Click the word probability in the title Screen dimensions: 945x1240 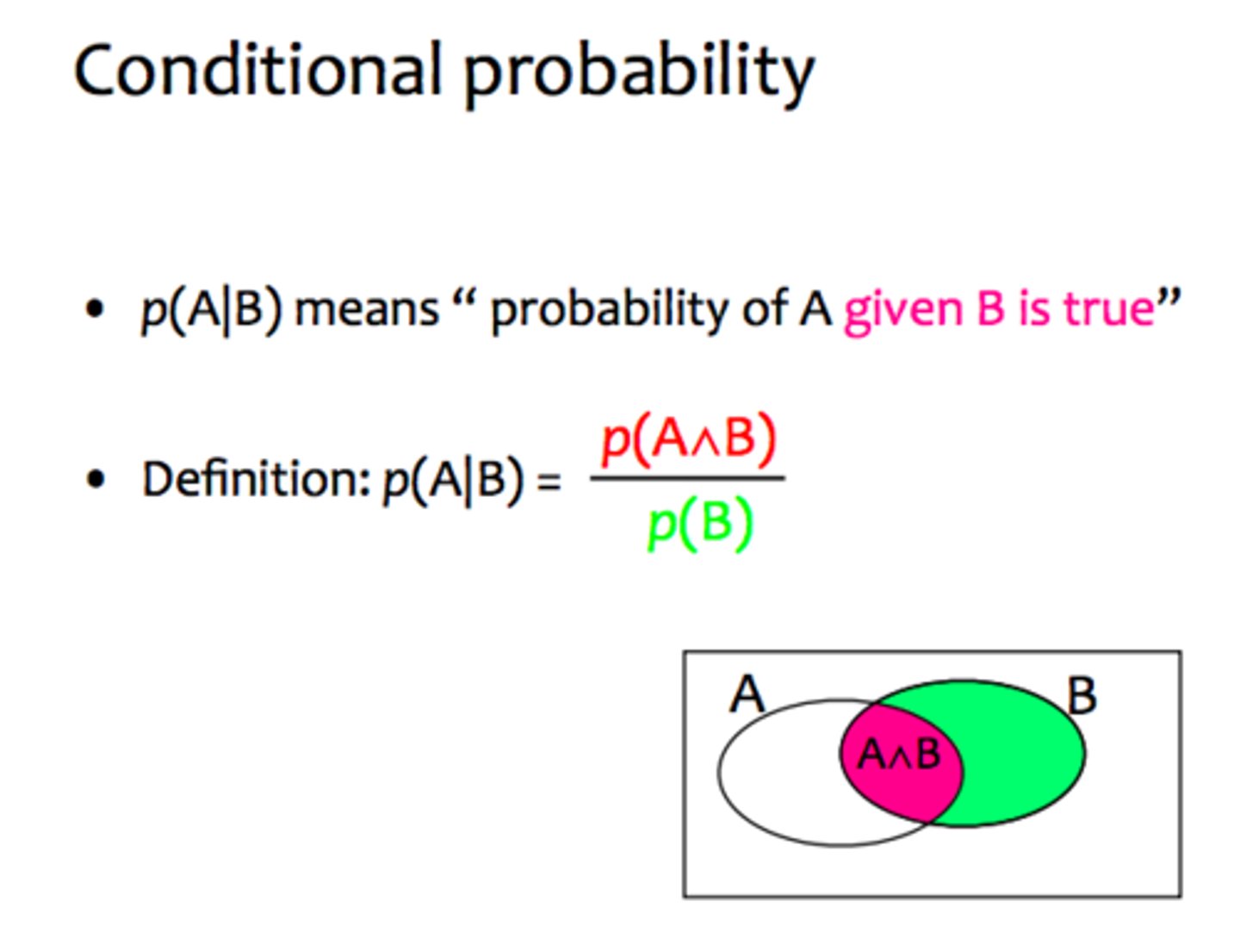pyautogui.click(x=639, y=73)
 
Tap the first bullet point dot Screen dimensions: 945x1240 pyautogui.click(x=95, y=308)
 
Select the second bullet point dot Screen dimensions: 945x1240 pyautogui.click(x=95, y=479)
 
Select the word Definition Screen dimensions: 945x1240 pyautogui.click(x=255, y=479)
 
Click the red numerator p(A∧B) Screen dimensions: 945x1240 pyautogui.click(x=689, y=439)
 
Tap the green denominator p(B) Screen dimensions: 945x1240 pyautogui.click(x=700, y=523)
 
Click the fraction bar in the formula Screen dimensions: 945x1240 pyautogui.click(x=687, y=478)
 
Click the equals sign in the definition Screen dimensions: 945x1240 pyautogui.click(x=549, y=480)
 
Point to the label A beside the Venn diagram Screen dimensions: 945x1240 pyautogui.click(x=746, y=694)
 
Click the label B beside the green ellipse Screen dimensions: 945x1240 pyautogui.click(x=1082, y=696)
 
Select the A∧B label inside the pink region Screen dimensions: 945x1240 pyautogui.click(x=899, y=755)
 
